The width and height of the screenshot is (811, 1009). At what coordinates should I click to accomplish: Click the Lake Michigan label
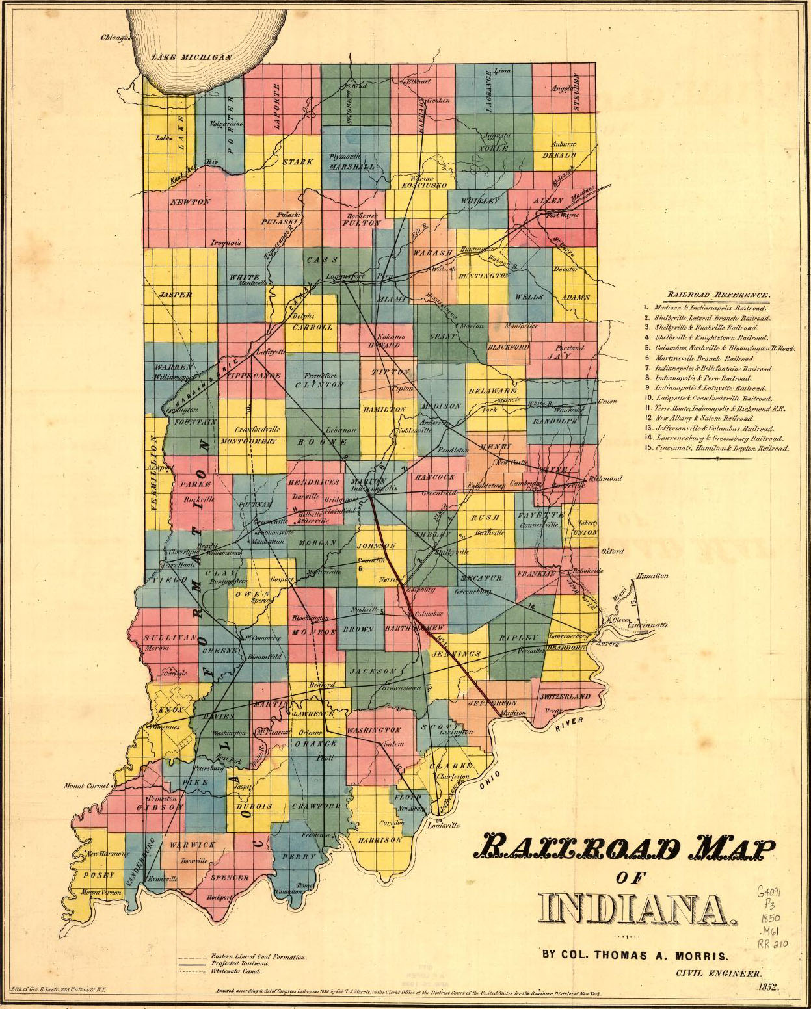(x=192, y=57)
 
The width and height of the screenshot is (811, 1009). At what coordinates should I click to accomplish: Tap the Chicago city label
(x=116, y=38)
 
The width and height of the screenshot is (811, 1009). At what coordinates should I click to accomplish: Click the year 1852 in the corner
(x=768, y=987)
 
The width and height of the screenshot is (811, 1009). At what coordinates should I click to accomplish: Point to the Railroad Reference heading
(x=714, y=295)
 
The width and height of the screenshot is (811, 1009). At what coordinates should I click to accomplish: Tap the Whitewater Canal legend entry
(x=236, y=971)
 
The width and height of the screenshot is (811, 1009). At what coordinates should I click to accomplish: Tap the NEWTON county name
(x=190, y=202)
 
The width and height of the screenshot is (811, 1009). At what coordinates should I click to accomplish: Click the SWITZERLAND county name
(x=565, y=696)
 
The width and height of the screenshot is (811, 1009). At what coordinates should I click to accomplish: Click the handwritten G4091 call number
(x=771, y=891)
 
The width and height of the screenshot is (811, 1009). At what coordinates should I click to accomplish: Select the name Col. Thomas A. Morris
(x=635, y=955)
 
